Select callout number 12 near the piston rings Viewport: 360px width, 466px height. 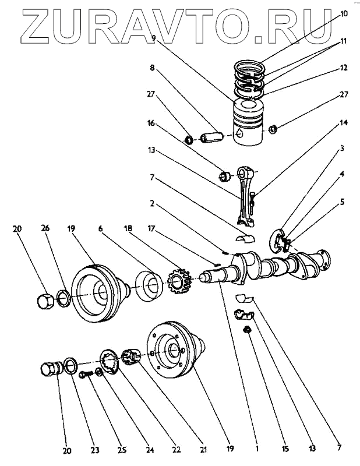click(x=343, y=68)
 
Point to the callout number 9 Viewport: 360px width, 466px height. click(x=153, y=39)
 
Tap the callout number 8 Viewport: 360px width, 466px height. click(x=153, y=68)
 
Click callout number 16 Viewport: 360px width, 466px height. click(x=151, y=124)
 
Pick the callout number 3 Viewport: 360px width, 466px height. click(x=343, y=149)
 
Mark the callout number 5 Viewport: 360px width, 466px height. click(x=343, y=202)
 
